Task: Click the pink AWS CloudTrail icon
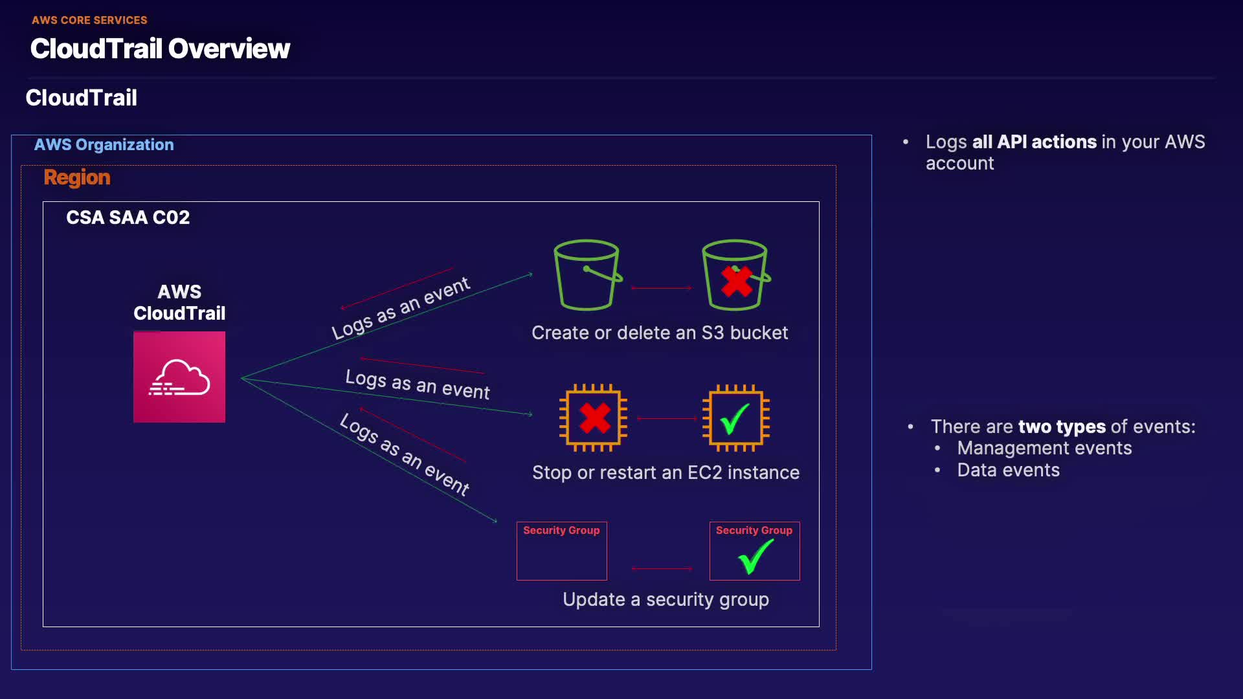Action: (x=179, y=377)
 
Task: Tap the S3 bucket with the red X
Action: (x=735, y=276)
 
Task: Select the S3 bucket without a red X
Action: (x=587, y=276)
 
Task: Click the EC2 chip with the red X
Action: (x=594, y=418)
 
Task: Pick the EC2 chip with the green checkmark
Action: (x=735, y=418)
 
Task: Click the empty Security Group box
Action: (x=561, y=551)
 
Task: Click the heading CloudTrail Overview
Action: (x=160, y=49)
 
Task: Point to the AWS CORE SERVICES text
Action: (x=89, y=20)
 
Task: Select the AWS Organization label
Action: (x=104, y=144)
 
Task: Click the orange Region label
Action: (x=77, y=177)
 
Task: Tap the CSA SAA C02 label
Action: (x=128, y=217)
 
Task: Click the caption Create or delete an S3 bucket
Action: (x=660, y=333)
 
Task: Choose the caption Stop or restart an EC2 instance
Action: (x=666, y=472)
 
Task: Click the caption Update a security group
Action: (x=666, y=599)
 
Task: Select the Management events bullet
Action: (x=1044, y=448)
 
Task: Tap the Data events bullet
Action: (x=1008, y=470)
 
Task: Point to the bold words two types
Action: (x=1062, y=427)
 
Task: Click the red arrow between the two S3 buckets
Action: (x=661, y=288)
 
